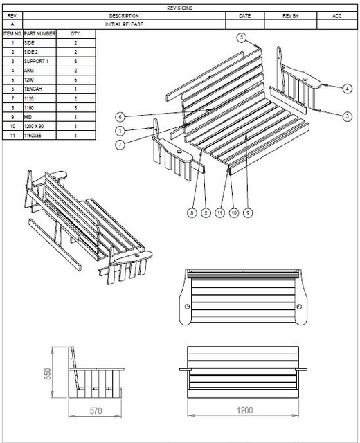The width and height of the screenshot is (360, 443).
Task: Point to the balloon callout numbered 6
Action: pyautogui.click(x=120, y=116)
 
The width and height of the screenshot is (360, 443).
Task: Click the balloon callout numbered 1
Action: pyautogui.click(x=120, y=130)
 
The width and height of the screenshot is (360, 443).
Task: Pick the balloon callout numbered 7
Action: pyautogui.click(x=120, y=145)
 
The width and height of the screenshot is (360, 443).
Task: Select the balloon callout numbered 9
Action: pyautogui.click(x=248, y=214)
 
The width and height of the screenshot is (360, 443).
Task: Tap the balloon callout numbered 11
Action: pyautogui.click(x=220, y=214)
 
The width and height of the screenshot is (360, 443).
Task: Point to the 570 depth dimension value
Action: pyautogui.click(x=96, y=411)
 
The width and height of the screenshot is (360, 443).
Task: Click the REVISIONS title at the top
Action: pyautogui.click(x=180, y=8)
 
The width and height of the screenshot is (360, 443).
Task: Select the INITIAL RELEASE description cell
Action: pyautogui.click(x=125, y=24)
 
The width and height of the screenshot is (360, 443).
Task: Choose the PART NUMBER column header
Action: pyautogui.click(x=39, y=33)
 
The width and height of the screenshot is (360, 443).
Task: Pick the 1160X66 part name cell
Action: pyautogui.click(x=35, y=136)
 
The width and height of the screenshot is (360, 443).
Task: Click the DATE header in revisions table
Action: pyautogui.click(x=245, y=15)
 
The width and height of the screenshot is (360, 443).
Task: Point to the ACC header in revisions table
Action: pyautogui.click(x=337, y=15)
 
